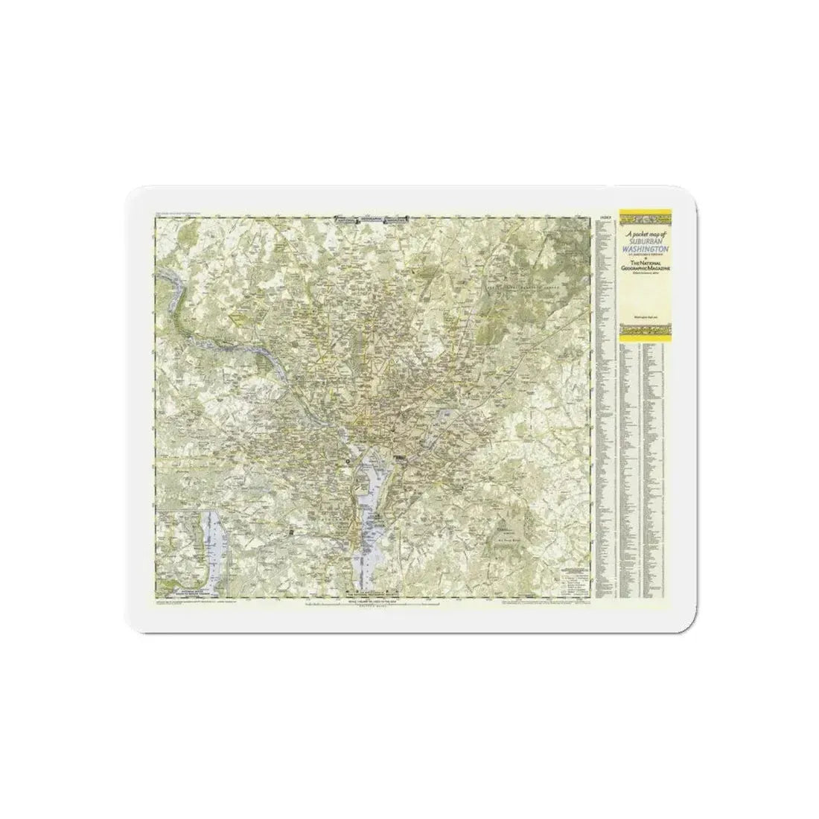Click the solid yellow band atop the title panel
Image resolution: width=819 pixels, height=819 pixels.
click(644, 211)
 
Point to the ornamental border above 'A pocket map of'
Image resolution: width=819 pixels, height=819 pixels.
click(644, 221)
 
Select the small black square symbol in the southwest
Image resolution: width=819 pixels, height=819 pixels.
click(292, 534)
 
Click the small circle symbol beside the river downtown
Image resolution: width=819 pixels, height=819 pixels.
click(348, 463)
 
